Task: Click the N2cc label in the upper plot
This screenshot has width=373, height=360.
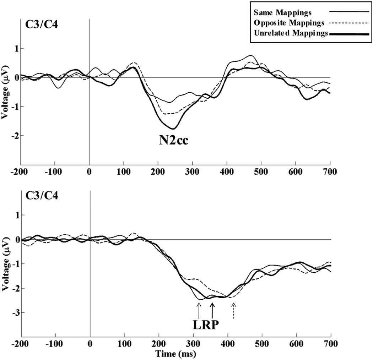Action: pyautogui.click(x=173, y=142)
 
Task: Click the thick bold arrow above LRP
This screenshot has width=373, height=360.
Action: pyautogui.click(x=212, y=310)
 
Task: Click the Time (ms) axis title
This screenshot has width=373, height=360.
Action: pyautogui.click(x=177, y=354)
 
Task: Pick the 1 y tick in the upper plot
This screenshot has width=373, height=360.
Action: pyautogui.click(x=16, y=48)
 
